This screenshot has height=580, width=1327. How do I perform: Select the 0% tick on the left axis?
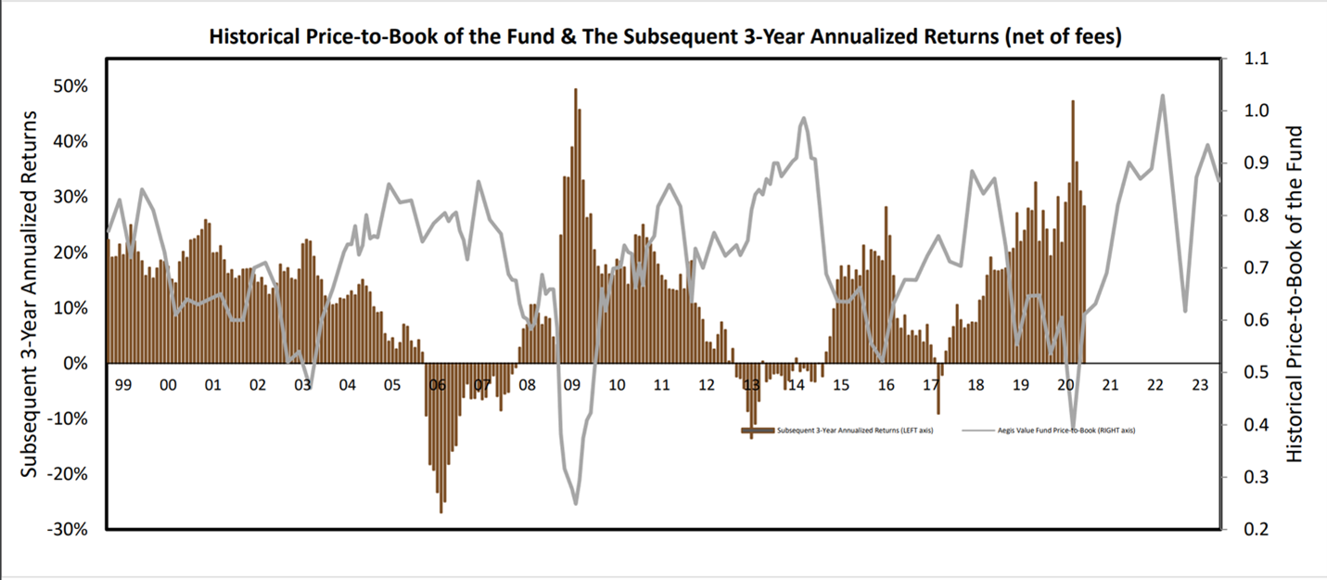click(x=76, y=364)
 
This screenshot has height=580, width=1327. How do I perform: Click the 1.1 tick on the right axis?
click(x=1245, y=58)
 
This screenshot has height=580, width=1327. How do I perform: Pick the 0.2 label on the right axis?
click(x=1245, y=530)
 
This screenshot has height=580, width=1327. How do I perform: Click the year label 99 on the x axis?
click(x=122, y=384)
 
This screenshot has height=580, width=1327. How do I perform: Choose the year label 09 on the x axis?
click(x=571, y=384)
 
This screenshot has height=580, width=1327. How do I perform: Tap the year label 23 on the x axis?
click(x=1199, y=384)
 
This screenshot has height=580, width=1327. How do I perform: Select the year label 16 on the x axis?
click(x=886, y=384)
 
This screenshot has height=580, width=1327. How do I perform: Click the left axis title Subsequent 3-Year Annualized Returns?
click(x=30, y=294)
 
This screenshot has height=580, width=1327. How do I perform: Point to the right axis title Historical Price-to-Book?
click(x=1295, y=294)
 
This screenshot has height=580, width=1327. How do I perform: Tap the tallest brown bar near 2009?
click(x=575, y=91)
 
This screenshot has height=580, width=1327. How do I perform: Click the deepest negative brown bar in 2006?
click(x=440, y=510)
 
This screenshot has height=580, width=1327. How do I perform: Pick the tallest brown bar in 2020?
click(x=1073, y=102)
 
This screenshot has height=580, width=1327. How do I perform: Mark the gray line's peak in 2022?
click(x=1162, y=96)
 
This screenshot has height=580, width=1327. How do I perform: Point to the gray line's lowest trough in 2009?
click(x=575, y=503)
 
